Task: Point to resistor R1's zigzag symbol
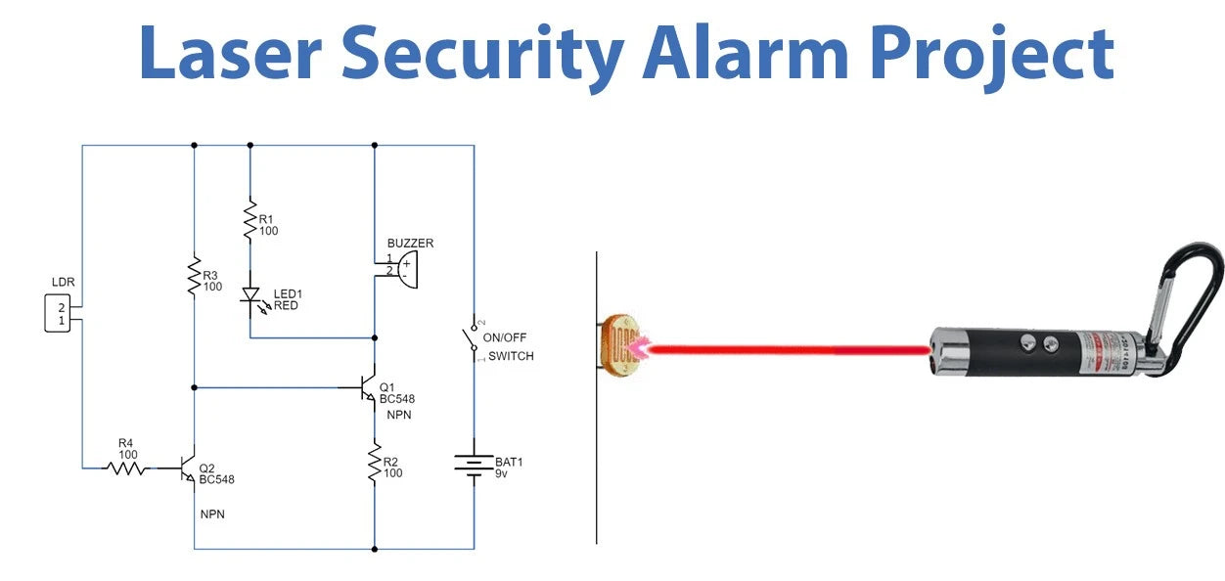(250, 219)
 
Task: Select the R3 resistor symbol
(194, 275)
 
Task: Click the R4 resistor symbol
(125, 469)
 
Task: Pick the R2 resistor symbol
(374, 461)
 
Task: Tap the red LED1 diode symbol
(250, 294)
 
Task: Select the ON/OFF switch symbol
(473, 339)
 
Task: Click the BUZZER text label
(410, 243)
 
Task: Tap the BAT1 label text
(509, 461)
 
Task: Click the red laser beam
(783, 347)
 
